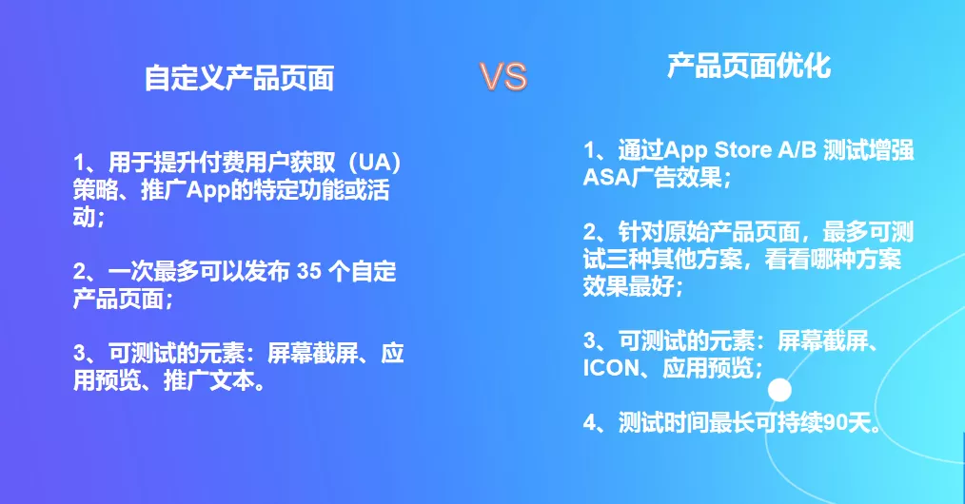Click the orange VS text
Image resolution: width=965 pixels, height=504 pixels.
point(503,77)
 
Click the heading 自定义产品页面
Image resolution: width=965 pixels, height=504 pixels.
point(240,78)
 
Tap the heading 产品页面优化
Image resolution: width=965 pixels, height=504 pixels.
point(750,67)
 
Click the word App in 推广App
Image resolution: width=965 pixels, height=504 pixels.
point(207,190)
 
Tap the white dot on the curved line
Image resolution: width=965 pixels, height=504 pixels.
point(779,390)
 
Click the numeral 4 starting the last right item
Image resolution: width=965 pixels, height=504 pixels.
point(590,423)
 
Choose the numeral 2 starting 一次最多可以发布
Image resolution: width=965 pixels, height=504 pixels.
point(79,271)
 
